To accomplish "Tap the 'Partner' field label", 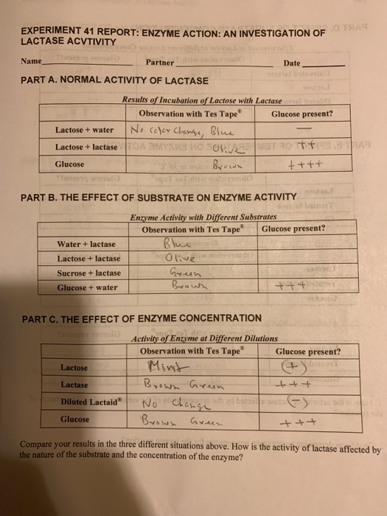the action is click(x=160, y=63).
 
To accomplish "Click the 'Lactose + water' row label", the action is click(x=84, y=130).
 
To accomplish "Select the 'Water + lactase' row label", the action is click(x=86, y=243).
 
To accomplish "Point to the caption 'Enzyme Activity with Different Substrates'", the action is click(x=192, y=217).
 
